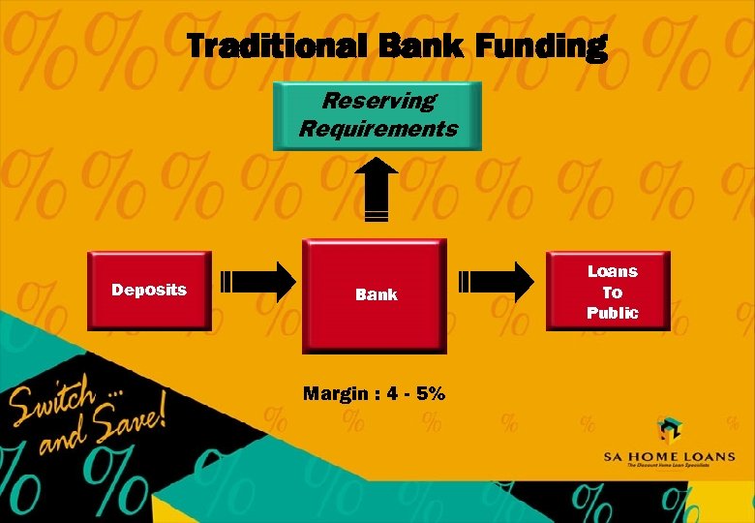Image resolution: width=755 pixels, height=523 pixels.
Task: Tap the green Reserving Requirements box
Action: coord(377,116)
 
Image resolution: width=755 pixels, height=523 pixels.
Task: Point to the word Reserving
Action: coord(378,101)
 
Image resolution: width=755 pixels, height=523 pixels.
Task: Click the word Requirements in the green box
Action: coord(378,128)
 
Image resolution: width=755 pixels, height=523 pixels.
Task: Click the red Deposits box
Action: coord(149,290)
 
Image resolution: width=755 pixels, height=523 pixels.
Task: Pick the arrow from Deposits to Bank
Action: coord(258,282)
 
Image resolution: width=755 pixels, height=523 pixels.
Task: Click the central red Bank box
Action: coord(376,294)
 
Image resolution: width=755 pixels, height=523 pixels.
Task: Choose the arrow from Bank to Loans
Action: coord(496,282)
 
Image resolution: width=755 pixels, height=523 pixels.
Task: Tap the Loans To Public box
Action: coord(612,292)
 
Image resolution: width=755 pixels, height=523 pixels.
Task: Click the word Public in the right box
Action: coord(612,313)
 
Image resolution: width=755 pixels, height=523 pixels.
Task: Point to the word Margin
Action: coord(335,393)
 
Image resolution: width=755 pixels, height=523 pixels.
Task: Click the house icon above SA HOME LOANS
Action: coord(668,429)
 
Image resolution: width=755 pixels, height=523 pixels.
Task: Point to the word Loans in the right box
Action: coord(612,271)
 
